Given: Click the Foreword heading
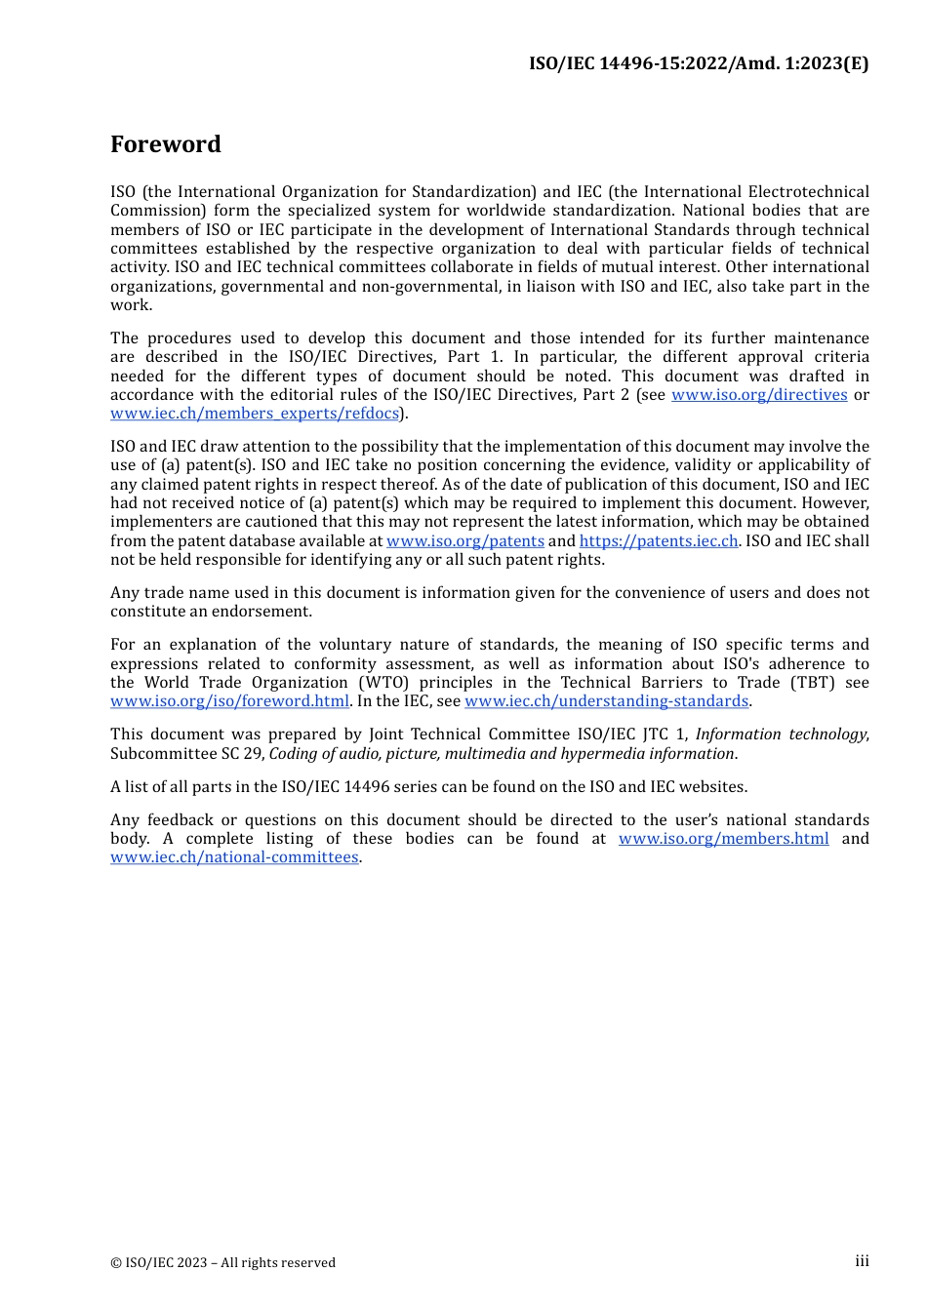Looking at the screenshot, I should coord(166,144).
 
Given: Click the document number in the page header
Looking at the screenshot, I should coord(699,63).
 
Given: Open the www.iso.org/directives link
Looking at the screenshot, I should coord(759,395).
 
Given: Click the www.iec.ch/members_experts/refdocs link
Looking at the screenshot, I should coord(255,414).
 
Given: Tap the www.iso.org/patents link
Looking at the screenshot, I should coord(465,541).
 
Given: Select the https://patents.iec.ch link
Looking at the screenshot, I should coord(659,541).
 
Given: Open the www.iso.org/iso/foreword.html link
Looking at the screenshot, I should coord(229,701).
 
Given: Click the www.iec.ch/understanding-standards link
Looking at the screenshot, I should coord(606,701).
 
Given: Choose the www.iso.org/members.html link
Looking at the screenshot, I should coord(723,839).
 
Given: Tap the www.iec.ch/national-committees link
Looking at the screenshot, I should coord(234,857).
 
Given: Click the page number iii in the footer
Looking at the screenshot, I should coord(862,1261).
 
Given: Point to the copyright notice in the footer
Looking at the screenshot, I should coord(222,1263).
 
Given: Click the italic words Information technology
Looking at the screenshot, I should coord(781,735).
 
